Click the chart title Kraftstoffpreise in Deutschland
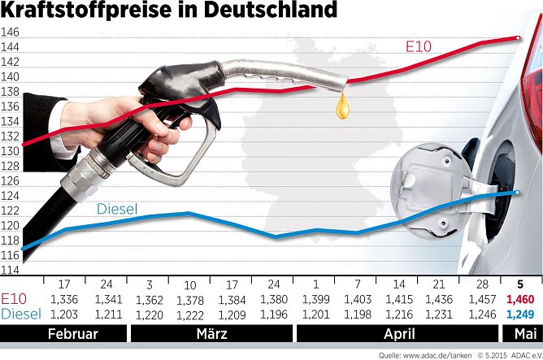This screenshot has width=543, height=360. (169, 11)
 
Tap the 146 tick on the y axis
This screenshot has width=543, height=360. (11, 33)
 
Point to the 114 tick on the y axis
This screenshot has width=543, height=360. (11, 270)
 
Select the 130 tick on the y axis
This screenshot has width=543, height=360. (11, 151)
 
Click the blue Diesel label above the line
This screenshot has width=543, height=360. (117, 209)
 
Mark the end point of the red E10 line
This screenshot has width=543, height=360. (519, 37)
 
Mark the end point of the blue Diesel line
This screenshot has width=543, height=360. (518, 192)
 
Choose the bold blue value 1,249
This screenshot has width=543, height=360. (519, 314)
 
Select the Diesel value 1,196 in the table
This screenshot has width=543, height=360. (273, 314)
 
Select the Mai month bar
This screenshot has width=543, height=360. (520, 334)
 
